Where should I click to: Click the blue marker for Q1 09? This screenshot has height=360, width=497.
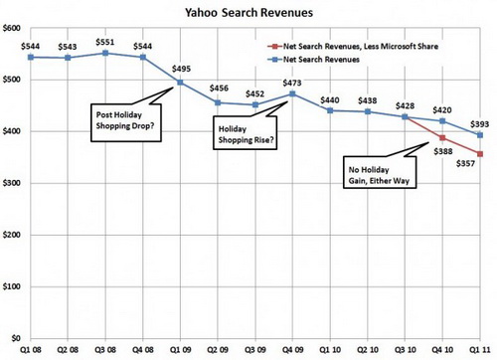coord(180,83)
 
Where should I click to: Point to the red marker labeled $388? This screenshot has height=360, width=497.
coord(442,138)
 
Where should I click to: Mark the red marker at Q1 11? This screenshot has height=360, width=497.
coord(479,154)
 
